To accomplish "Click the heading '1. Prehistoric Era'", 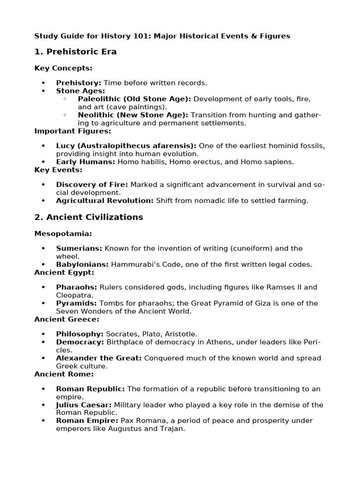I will pos(75,52).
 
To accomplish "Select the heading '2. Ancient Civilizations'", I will pos(89,217).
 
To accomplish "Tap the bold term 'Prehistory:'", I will pos(78,83).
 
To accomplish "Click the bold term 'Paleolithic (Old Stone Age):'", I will pos(135,99).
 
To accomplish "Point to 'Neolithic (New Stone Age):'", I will pos(133,115).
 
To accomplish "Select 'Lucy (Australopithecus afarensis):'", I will pos(126,146).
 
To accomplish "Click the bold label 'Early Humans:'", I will pos(85,162).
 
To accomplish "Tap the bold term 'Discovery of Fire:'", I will pos(92,185).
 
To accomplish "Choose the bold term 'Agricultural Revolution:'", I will pos(105,201).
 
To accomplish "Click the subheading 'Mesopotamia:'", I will pos(63,233).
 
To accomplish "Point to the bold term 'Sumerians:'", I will pos(79,248).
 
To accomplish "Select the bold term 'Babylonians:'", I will pos(82,264).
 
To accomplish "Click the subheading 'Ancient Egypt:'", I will pos(64,272).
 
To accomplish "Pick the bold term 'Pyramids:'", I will pos(76,303).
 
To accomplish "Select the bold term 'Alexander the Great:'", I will pos(98,358).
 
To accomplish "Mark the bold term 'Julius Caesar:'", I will pos(84,405).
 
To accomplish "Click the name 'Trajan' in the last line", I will pos(173,428).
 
